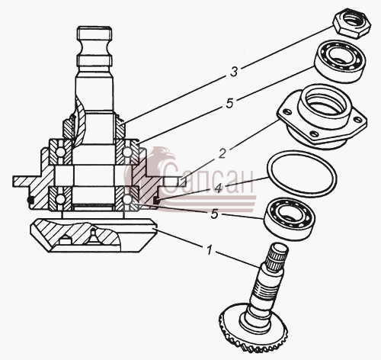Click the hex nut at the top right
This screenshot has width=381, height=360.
pyautogui.click(x=352, y=25)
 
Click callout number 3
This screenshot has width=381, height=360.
pyautogui.click(x=234, y=72)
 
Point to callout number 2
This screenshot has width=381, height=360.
pyautogui.click(x=223, y=153)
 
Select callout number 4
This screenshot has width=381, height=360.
pyautogui.click(x=218, y=188)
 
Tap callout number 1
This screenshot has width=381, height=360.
pyautogui.click(x=209, y=250)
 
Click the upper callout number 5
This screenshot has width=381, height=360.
pyautogui.click(x=229, y=104)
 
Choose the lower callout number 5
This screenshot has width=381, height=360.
pyautogui.click(x=214, y=214)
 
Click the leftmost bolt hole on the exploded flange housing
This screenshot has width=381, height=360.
pyautogui.click(x=287, y=111)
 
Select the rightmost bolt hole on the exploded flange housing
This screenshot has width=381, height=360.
pyautogui.click(x=359, y=118)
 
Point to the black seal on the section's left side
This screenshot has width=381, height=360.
pyautogui.click(x=30, y=200)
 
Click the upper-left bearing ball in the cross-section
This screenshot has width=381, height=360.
pyautogui.click(x=60, y=153)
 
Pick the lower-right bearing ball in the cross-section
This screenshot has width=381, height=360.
pyautogui.click(x=126, y=200)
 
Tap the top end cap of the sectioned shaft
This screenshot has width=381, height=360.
pyautogui.click(x=94, y=33)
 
